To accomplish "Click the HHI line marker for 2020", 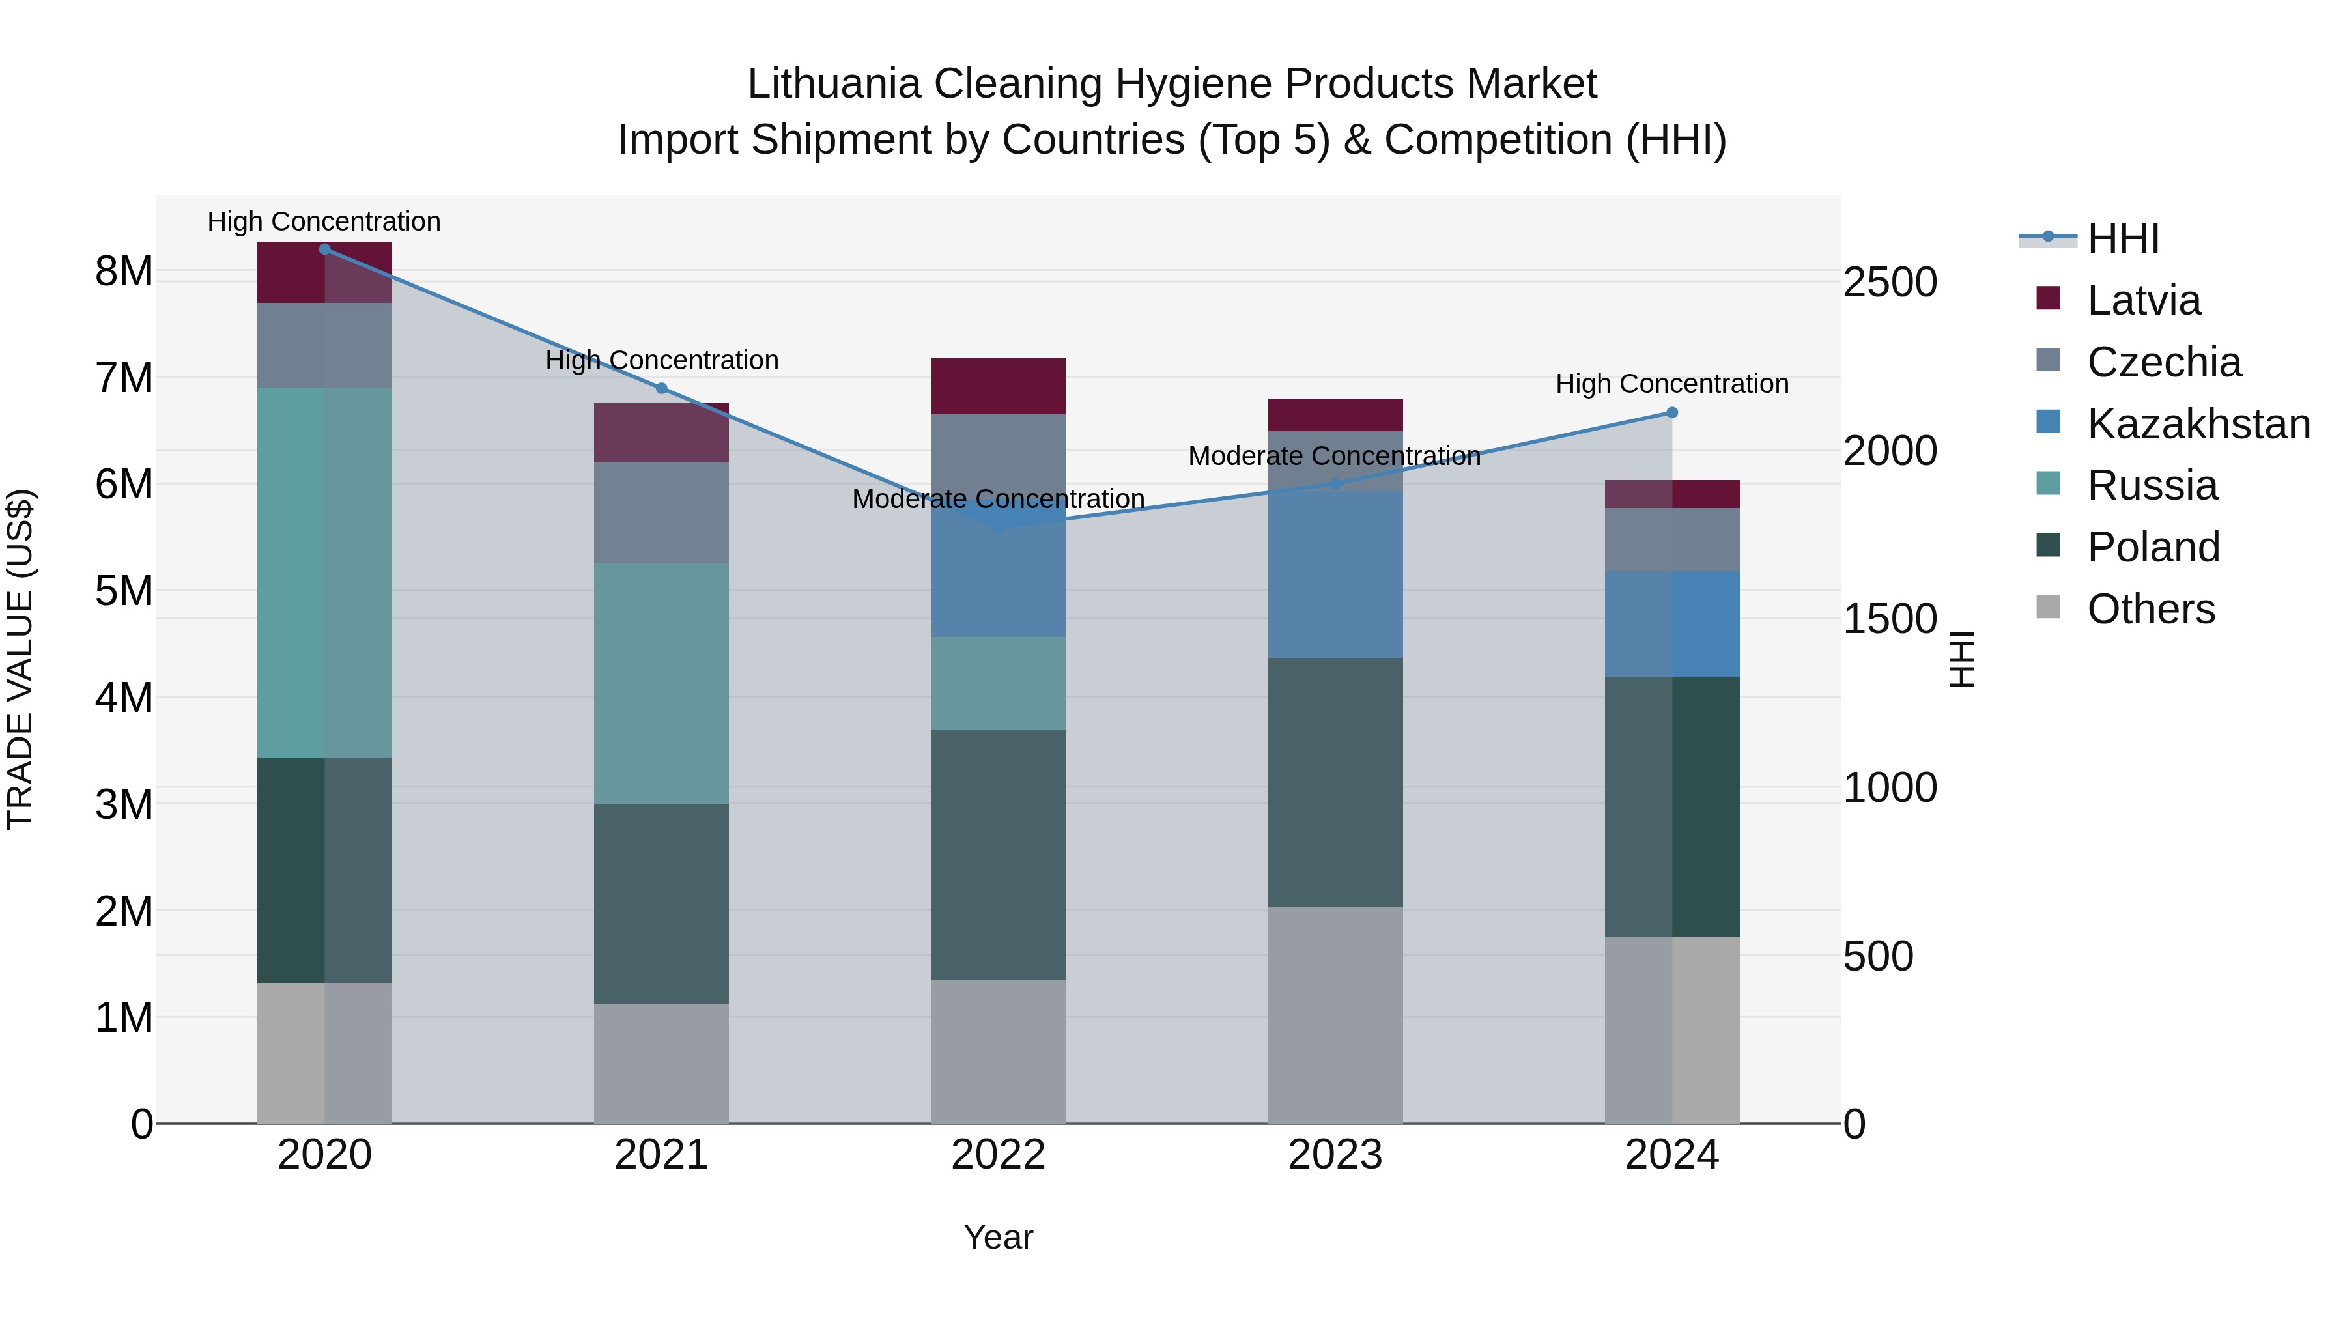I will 324,249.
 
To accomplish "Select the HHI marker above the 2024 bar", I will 1671,413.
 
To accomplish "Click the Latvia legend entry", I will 2143,300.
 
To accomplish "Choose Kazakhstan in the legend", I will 2198,424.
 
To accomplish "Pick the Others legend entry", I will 2150,609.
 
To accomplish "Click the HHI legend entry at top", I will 2122,238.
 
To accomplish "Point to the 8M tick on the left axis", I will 124,271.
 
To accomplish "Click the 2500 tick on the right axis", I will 1890,282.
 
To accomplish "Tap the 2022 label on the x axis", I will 998,1155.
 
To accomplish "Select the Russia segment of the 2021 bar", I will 662,683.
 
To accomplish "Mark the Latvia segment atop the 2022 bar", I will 998,387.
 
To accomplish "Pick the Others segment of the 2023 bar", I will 1335,1015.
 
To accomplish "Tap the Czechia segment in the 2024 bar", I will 1671,540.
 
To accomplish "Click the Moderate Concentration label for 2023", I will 1335,456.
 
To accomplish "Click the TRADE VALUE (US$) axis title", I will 20,659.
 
